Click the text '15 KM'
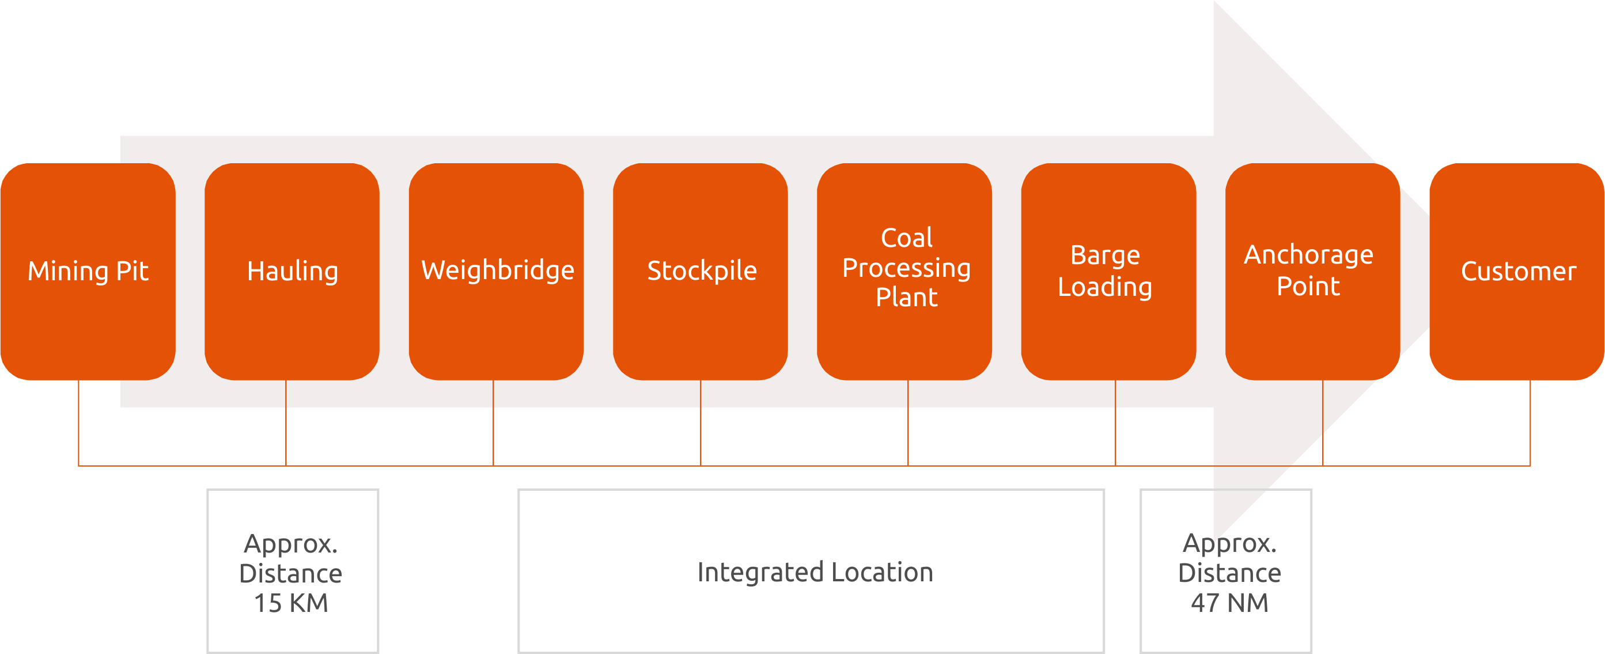[x=291, y=603]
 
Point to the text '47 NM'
[x=1229, y=603]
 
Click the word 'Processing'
[x=907, y=268]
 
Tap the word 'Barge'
[x=1106, y=255]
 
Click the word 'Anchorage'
[x=1308, y=254]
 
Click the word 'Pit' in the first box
[x=132, y=270]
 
